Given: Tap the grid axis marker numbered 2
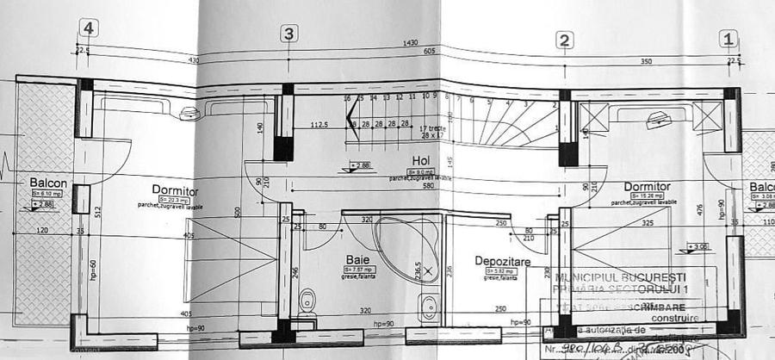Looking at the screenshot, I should coord(564,40).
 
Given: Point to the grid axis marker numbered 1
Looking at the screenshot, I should coord(728,39).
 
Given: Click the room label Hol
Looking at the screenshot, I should coord(420,160).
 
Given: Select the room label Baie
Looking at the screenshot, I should coord(357,259).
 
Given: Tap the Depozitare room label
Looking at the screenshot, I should coord(501,260).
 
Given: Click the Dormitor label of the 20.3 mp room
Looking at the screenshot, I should coord(175,190).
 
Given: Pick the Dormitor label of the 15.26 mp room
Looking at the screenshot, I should coord(647,186).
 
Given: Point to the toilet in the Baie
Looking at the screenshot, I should coord(307,301).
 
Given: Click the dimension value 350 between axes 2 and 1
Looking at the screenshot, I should coord(644,62).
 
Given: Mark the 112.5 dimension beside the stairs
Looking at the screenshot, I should coord(319,124).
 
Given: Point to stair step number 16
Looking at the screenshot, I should coord(348,99).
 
